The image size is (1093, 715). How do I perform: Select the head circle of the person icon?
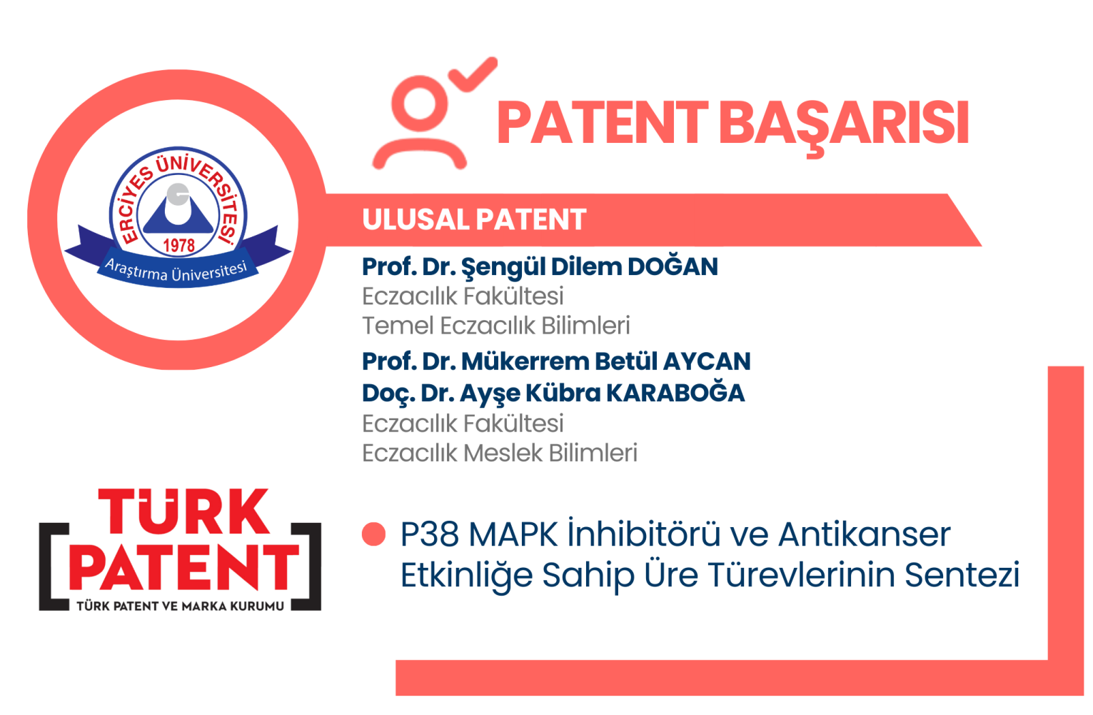coord(420,104)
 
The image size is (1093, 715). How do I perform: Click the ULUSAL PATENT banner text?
coord(474,219)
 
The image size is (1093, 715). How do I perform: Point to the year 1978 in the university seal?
coord(178,245)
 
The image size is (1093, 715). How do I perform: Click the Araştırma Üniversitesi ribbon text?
coord(176,271)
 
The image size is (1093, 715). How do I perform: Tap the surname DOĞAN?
coord(673,266)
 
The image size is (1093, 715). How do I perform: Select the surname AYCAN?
coord(707,361)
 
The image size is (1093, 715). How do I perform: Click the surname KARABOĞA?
coord(675,393)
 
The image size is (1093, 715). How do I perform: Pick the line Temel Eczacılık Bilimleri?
coord(496,326)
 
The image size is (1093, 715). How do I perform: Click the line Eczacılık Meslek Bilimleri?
coord(500,453)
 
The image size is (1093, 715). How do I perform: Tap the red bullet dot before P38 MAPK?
coord(374,534)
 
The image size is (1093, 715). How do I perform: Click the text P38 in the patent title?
coord(429,534)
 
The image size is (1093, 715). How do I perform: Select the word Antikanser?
coord(864,534)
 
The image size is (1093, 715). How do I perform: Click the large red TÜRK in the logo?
coord(183,511)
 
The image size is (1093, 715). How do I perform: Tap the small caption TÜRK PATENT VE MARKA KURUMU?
coord(180,606)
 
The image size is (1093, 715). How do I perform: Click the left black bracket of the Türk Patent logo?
coord(53,566)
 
